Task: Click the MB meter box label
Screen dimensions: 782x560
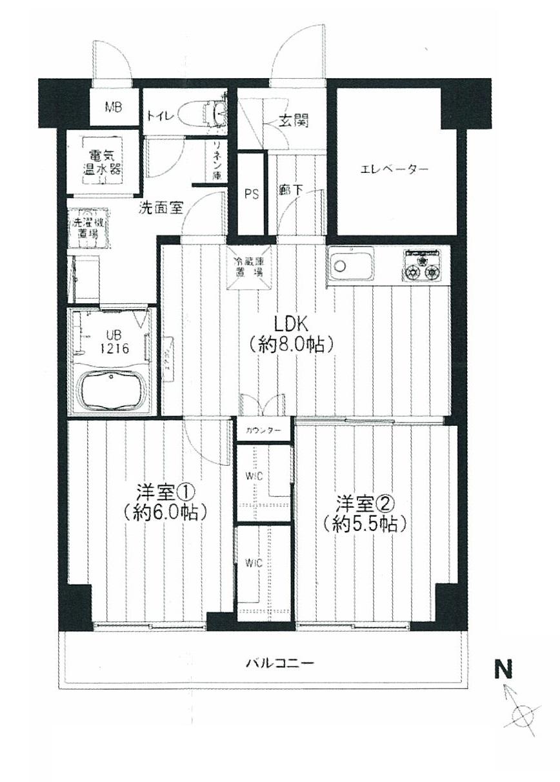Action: click(114, 108)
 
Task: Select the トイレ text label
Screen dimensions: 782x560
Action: click(159, 116)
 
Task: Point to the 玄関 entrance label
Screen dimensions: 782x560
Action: click(293, 120)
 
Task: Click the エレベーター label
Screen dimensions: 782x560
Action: click(394, 170)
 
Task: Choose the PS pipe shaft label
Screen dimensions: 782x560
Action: click(252, 194)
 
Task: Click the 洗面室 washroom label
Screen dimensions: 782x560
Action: click(162, 208)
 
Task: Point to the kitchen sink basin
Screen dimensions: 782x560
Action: click(350, 266)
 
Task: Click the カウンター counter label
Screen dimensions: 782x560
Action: click(264, 430)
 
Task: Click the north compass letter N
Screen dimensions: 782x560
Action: click(503, 670)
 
